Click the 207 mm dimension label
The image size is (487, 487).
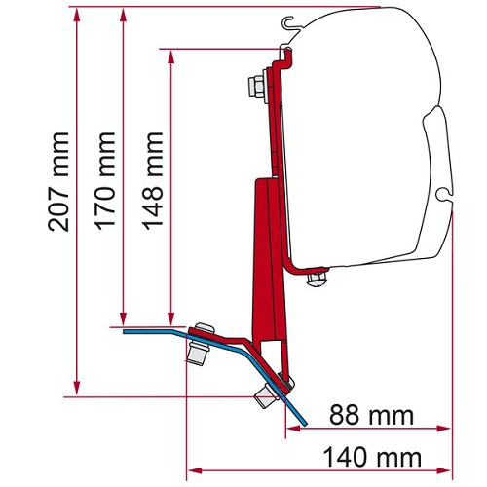coord(58,182)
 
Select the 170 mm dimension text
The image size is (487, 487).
coord(105,181)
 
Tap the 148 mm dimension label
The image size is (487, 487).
coord(152,181)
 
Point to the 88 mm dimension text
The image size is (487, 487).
coord(371,415)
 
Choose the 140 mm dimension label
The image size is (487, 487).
coord(372,457)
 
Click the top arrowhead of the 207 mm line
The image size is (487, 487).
coord(77,15)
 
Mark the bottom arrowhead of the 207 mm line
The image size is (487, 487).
coord(77,388)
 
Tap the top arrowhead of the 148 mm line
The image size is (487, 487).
coord(171,57)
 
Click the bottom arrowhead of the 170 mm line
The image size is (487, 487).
coord(123,318)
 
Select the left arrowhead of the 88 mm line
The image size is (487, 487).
coord(293,429)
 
